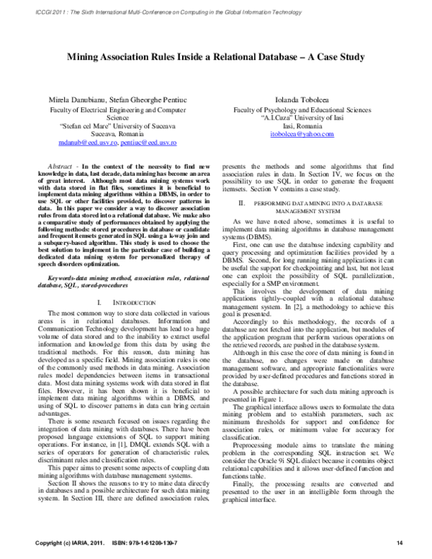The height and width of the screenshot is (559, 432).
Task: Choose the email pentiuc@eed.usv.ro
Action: pos(148,143)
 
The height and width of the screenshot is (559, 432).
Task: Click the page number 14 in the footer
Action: pos(400,542)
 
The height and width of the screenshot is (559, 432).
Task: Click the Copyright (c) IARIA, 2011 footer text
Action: pos(65,542)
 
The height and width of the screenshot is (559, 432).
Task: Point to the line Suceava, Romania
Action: pos(117,134)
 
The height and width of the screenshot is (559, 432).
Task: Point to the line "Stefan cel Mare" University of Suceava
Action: pos(117,126)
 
